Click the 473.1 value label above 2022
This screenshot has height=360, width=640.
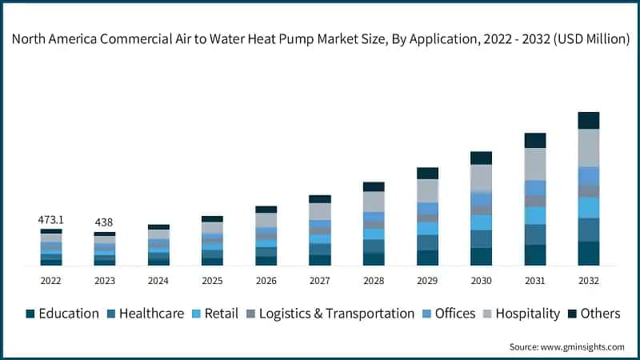[x=51, y=219]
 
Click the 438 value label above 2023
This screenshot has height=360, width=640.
[x=105, y=222]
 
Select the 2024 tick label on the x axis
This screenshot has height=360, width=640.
[x=158, y=281]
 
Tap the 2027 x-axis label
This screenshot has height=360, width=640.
[x=319, y=281]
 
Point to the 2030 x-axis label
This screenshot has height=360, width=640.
[x=481, y=281]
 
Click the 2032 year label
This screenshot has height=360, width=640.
[x=588, y=281]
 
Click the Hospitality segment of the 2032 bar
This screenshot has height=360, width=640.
[x=588, y=147]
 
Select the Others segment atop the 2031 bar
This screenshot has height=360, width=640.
[x=534, y=141]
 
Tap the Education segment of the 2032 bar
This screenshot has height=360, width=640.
[x=588, y=253]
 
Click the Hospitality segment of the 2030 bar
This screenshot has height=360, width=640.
[x=481, y=177]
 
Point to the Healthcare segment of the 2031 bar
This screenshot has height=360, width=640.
[x=534, y=234]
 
